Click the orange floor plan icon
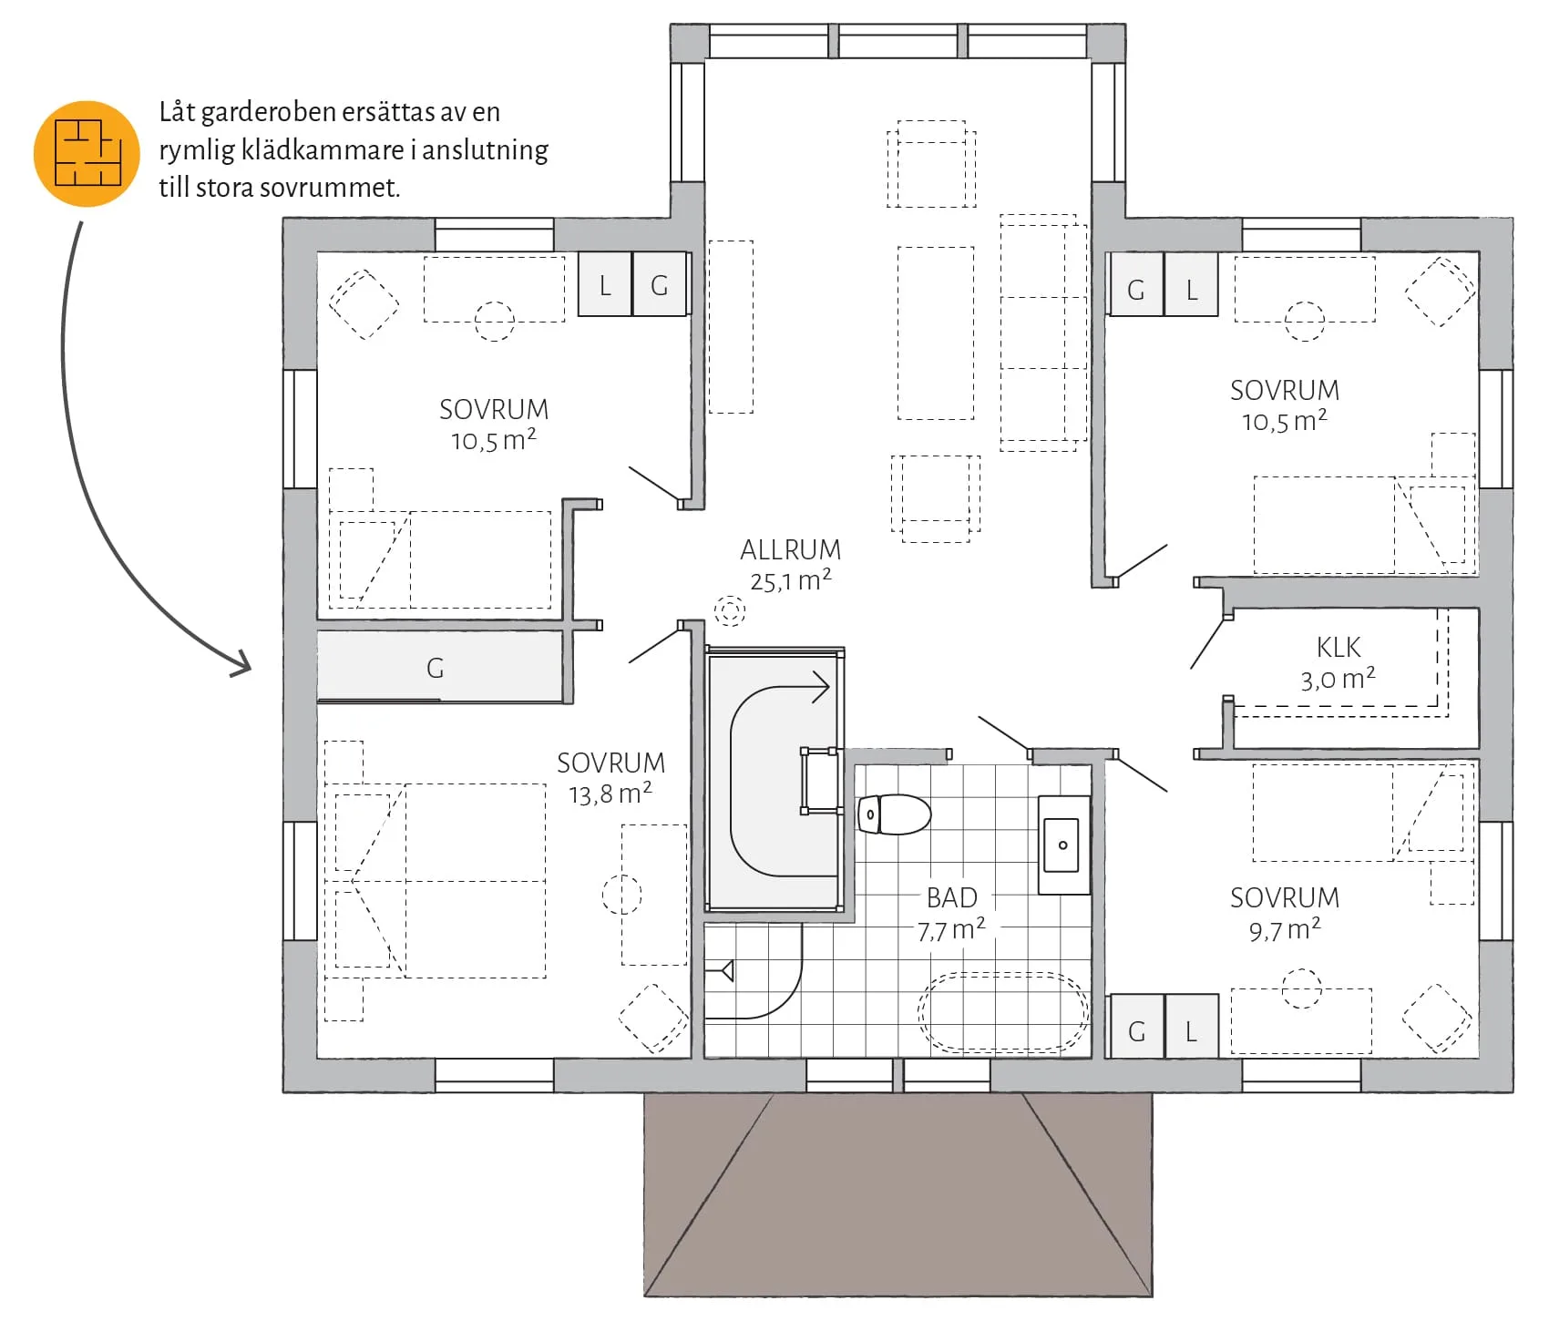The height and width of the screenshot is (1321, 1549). (x=87, y=153)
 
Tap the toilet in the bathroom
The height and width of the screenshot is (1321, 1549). (x=894, y=814)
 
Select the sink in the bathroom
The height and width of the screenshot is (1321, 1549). (x=1064, y=845)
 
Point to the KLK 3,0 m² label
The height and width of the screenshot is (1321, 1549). (x=1339, y=662)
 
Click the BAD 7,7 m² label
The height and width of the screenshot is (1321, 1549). (x=951, y=914)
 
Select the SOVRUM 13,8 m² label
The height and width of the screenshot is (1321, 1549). (x=610, y=778)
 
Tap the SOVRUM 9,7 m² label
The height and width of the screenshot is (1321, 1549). (x=1285, y=914)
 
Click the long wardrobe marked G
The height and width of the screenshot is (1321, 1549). (x=439, y=667)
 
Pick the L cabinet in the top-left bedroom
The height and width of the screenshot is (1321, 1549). (x=605, y=285)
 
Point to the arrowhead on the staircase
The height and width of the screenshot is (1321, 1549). (x=821, y=686)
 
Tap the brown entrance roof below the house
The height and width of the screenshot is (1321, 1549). (x=898, y=1193)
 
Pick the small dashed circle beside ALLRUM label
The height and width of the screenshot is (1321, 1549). (x=729, y=610)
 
